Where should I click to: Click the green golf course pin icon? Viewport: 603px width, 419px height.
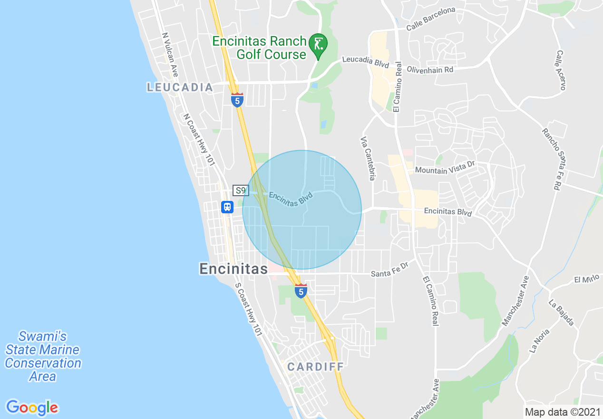[318, 45]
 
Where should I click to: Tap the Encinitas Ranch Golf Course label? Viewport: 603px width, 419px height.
[259, 48]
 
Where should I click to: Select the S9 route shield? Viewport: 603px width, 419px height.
[241, 190]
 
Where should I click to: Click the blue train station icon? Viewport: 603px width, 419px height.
[227, 207]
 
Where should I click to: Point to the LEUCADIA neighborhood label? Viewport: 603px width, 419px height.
[180, 87]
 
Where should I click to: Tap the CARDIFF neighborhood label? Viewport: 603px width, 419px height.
[315, 367]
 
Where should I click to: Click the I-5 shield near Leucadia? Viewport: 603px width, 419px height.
[237, 100]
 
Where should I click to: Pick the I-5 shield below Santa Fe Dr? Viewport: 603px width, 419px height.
[301, 290]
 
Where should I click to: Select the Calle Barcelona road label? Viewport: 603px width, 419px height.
[430, 19]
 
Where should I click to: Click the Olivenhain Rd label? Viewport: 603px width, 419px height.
[430, 70]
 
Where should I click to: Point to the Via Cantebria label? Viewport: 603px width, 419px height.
[369, 159]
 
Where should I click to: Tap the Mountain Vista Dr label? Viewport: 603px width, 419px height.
[445, 167]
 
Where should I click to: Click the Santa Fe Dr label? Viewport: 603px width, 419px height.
[389, 270]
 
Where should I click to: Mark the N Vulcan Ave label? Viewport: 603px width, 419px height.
[170, 55]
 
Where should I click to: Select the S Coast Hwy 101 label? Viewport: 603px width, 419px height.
[249, 310]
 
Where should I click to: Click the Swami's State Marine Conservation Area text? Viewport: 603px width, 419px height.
[43, 356]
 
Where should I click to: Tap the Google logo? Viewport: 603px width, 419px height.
[32, 408]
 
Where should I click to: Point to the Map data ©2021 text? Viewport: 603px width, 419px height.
[561, 412]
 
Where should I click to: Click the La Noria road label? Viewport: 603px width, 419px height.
[539, 341]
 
